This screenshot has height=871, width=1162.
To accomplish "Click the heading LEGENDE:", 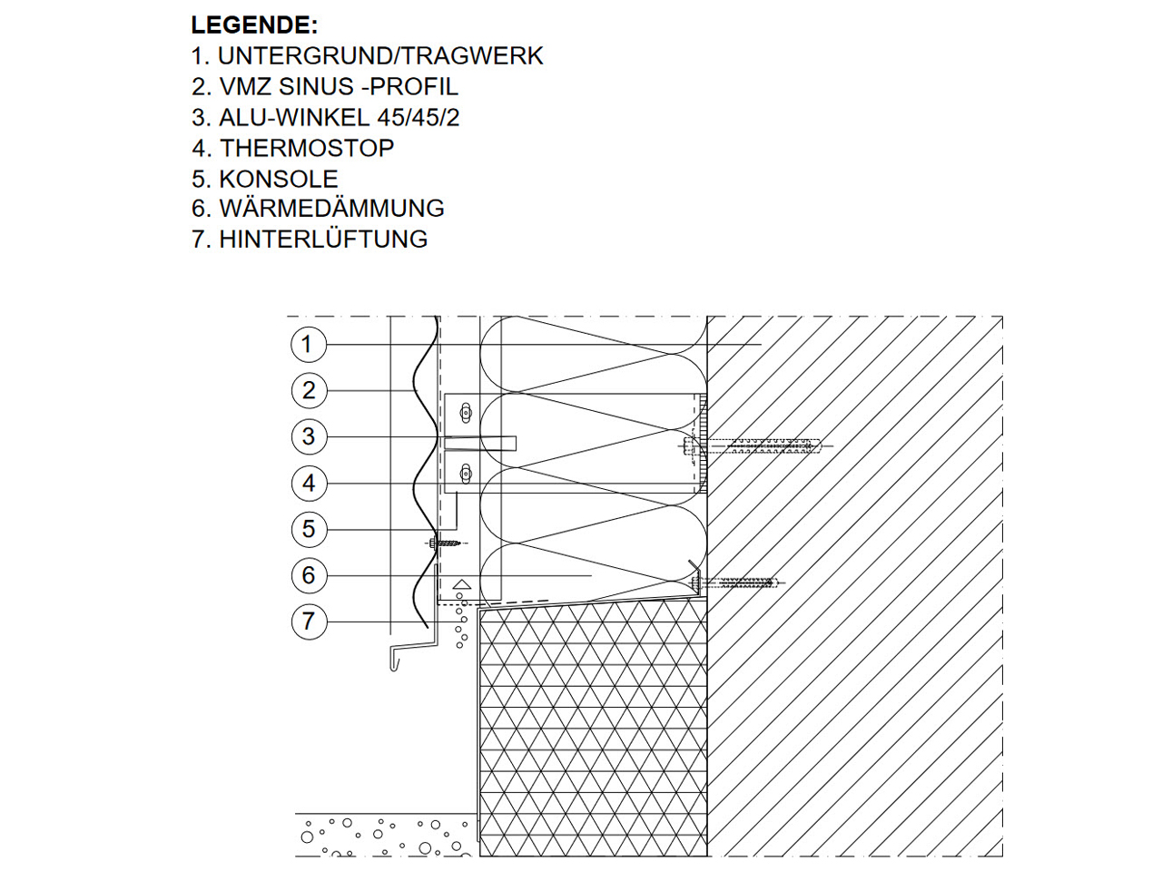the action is (254, 24).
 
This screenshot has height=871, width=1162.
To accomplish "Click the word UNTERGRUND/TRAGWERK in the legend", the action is (380, 55).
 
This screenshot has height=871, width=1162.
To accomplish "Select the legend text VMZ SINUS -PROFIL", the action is (339, 86).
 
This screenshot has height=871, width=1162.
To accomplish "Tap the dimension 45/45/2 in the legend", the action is (419, 117).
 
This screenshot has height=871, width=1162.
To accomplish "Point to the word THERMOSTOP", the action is (307, 148).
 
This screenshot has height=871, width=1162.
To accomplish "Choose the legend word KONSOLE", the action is (279, 179).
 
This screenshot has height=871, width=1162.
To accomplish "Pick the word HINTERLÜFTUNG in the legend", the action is (323, 239).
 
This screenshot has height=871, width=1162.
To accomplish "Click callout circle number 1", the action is (309, 344).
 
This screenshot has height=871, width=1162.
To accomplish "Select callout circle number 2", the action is (310, 390).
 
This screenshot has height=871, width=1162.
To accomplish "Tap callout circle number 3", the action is (310, 436).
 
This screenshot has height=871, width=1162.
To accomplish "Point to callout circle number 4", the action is (310, 484).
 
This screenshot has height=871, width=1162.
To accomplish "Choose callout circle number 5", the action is (310, 529).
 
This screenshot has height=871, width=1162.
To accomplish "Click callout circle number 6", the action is (310, 575).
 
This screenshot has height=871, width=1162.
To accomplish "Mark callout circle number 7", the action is (310, 621).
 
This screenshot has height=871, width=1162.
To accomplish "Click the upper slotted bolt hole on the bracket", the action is (466, 413).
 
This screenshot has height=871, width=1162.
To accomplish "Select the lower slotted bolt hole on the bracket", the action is (466, 474).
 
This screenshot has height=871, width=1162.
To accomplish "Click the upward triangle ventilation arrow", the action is (462, 584).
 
